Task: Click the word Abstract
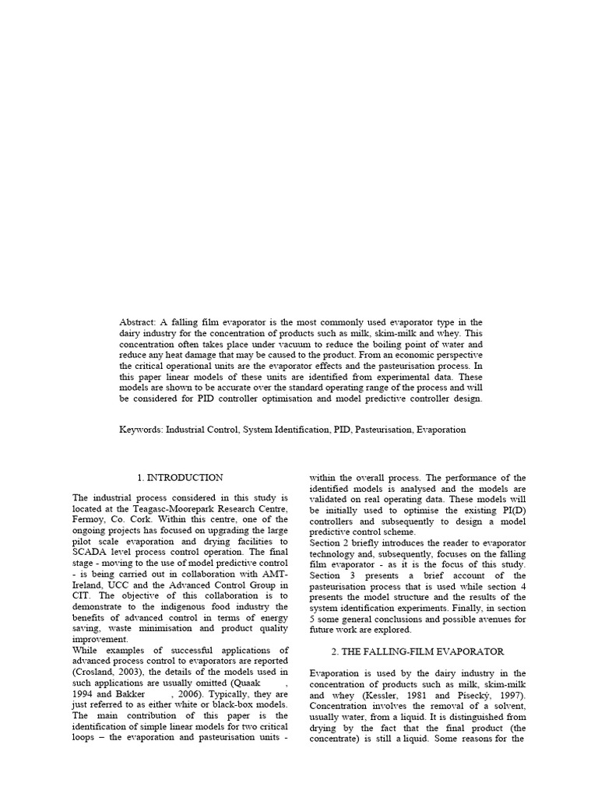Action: (138, 322)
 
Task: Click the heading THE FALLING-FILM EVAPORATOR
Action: (418, 651)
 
